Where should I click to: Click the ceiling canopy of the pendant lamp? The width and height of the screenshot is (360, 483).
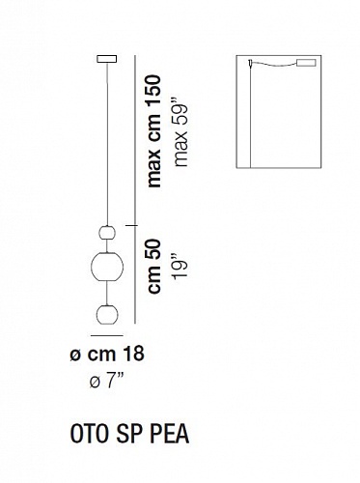pyautogui.click(x=107, y=60)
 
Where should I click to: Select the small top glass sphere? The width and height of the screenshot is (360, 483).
pyautogui.click(x=107, y=233)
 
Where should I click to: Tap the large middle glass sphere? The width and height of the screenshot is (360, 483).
pyautogui.click(x=107, y=267)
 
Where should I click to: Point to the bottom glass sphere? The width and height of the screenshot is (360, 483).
pyautogui.click(x=107, y=314)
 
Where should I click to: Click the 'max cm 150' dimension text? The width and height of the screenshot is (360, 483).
pyautogui.click(x=153, y=131)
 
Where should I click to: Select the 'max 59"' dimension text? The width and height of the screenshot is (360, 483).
pyautogui.click(x=181, y=135)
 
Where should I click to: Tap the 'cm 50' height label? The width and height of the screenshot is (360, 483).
pyautogui.click(x=153, y=267)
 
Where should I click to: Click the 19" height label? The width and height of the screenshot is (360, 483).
pyautogui.click(x=180, y=267)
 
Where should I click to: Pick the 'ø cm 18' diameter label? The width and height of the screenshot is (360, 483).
pyautogui.click(x=107, y=354)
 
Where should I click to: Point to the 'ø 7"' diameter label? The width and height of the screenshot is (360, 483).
pyautogui.click(x=107, y=382)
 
